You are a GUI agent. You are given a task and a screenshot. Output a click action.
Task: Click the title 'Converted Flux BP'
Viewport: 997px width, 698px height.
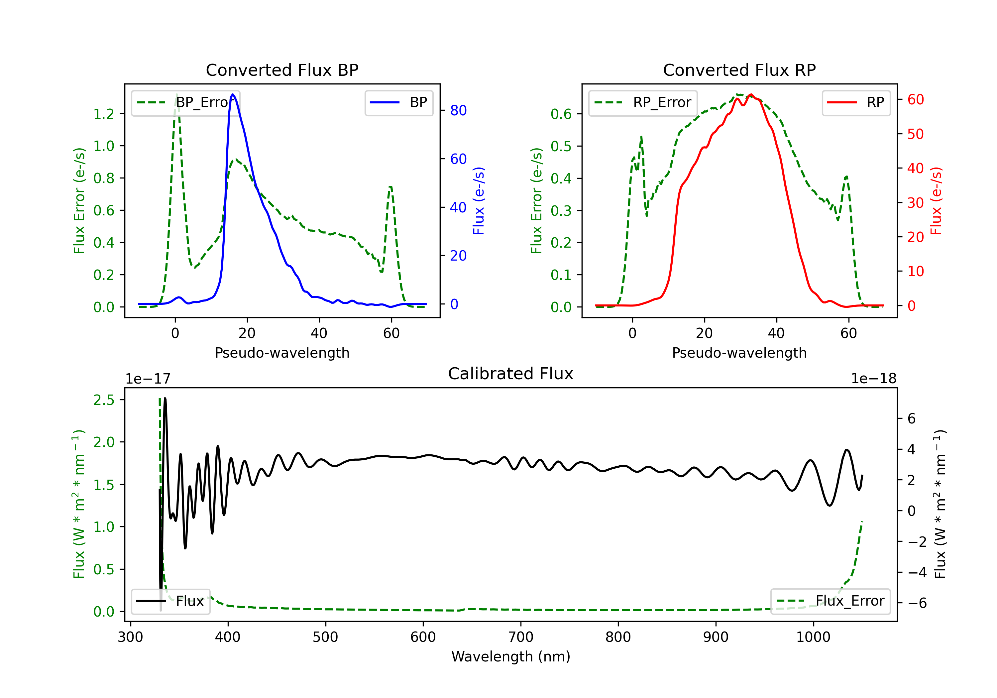coord(282,70)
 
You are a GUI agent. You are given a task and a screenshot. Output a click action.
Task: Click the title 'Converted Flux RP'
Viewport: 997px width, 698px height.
coord(739,70)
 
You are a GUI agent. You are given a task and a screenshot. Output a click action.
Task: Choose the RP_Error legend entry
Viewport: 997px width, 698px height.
coord(643,102)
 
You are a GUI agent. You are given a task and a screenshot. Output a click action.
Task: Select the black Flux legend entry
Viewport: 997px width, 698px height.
coord(171,601)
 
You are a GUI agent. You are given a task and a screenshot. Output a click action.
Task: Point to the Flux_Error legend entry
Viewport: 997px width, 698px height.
coord(830,601)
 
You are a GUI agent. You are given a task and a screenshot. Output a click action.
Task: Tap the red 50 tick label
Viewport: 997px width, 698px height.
coord(915,134)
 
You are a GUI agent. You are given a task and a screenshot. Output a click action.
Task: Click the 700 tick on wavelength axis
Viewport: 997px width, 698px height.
coord(521,637)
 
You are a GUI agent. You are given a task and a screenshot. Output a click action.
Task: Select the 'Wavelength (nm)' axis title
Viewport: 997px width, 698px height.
coord(511,656)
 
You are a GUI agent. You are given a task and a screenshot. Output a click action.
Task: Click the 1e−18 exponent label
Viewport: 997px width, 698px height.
coord(873,379)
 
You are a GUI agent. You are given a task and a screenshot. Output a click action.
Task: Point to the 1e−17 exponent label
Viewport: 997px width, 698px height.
coord(148,379)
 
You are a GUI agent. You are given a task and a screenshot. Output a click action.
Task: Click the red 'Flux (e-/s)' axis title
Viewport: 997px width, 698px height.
coord(936,201)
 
